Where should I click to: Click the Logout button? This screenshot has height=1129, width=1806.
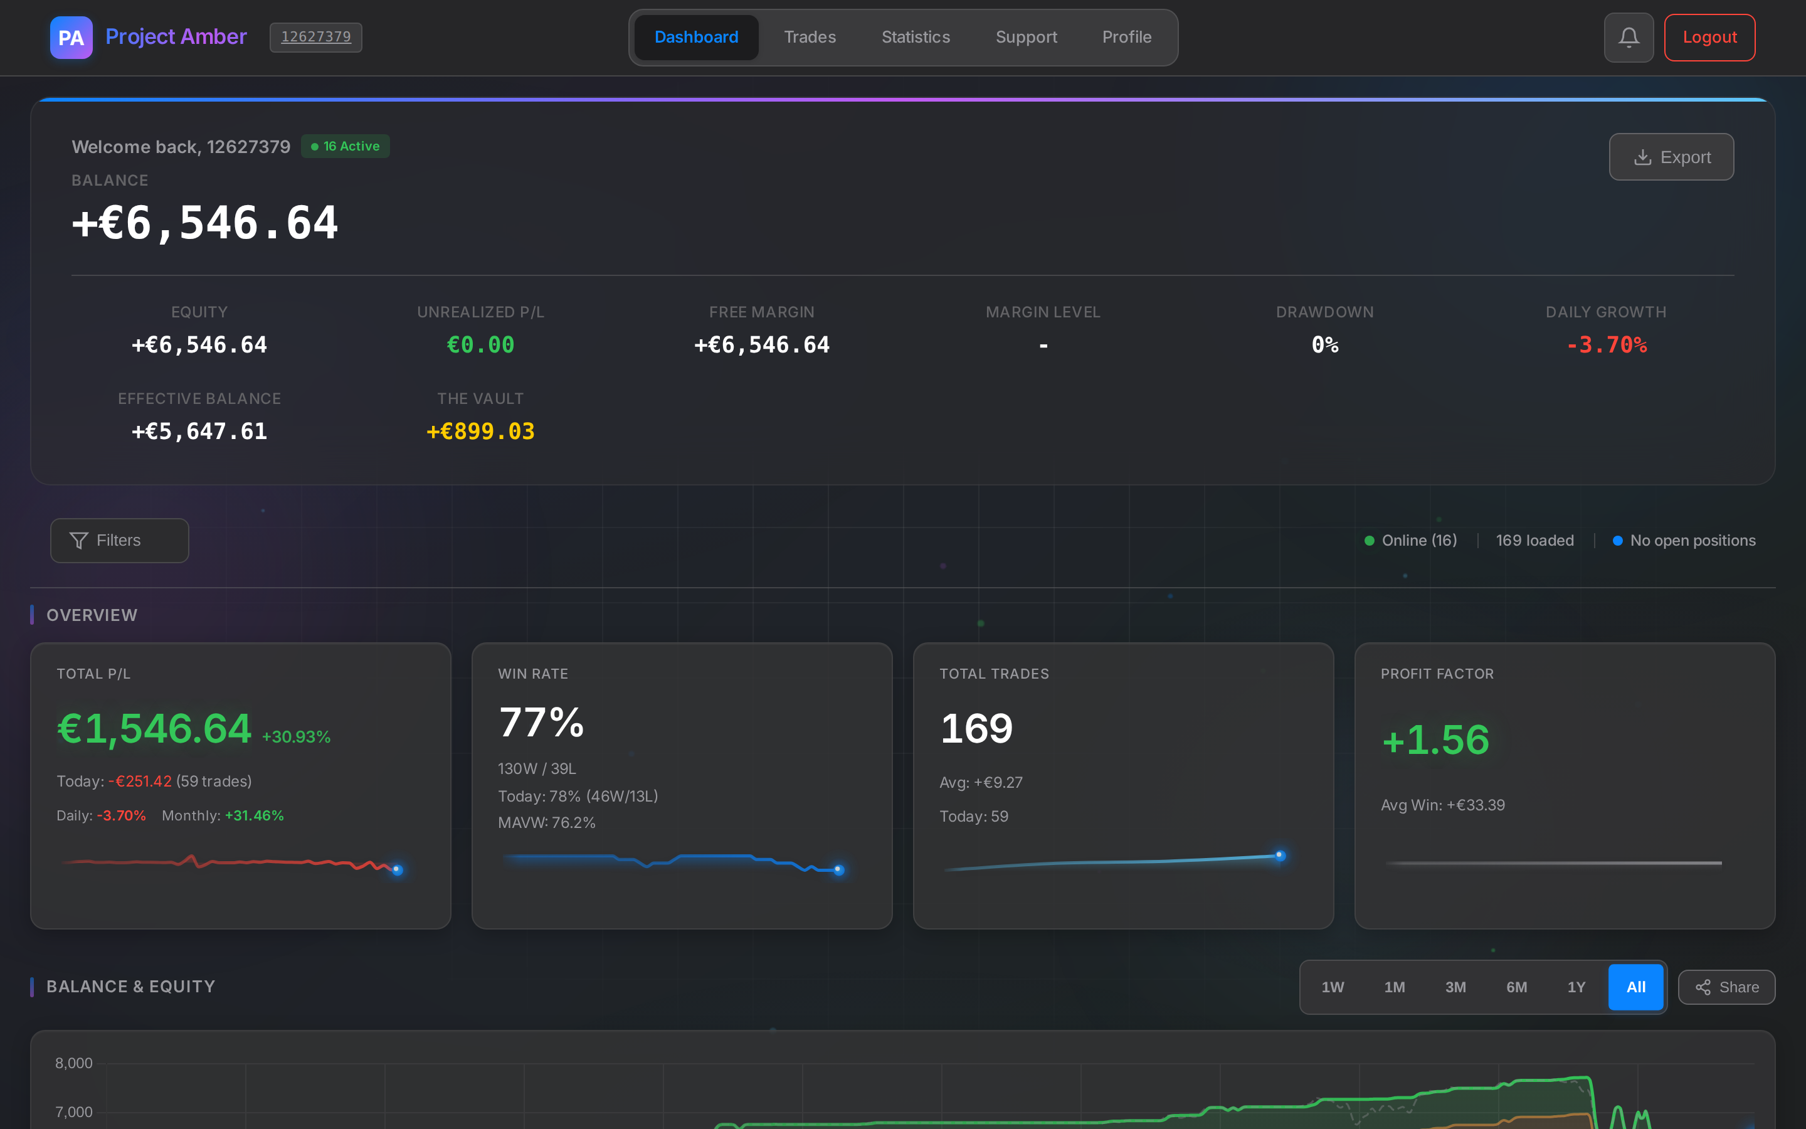pyautogui.click(x=1709, y=38)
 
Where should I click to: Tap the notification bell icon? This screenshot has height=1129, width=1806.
pyautogui.click(x=1629, y=38)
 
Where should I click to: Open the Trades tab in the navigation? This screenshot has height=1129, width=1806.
pyautogui.click(x=810, y=38)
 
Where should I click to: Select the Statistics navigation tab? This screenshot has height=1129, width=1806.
pyautogui.click(x=916, y=38)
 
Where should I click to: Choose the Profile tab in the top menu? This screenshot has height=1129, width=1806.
pyautogui.click(x=1126, y=38)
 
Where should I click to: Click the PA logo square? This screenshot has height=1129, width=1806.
pyautogui.click(x=71, y=38)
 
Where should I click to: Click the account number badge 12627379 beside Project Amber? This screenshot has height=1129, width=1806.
pyautogui.click(x=315, y=38)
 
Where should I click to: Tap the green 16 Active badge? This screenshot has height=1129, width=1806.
pyautogui.click(x=346, y=146)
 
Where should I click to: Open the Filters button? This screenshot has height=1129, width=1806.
pyautogui.click(x=119, y=541)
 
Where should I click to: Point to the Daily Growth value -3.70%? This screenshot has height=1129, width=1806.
pyautogui.click(x=1606, y=345)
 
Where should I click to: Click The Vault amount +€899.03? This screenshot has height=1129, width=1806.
pyautogui.click(x=480, y=432)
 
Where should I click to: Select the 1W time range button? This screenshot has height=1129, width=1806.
pyautogui.click(x=1333, y=987)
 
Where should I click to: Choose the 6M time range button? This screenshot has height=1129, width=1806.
pyautogui.click(x=1516, y=987)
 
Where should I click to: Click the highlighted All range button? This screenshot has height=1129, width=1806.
pyautogui.click(x=1635, y=987)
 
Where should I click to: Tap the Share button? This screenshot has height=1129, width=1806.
pyautogui.click(x=1726, y=987)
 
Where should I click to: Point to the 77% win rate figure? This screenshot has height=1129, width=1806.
pyautogui.click(x=541, y=723)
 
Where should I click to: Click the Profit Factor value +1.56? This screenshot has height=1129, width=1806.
pyautogui.click(x=1435, y=740)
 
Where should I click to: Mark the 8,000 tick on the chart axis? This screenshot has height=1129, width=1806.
pyautogui.click(x=74, y=1063)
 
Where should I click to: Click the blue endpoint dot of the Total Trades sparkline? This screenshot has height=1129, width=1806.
pyautogui.click(x=1280, y=855)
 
